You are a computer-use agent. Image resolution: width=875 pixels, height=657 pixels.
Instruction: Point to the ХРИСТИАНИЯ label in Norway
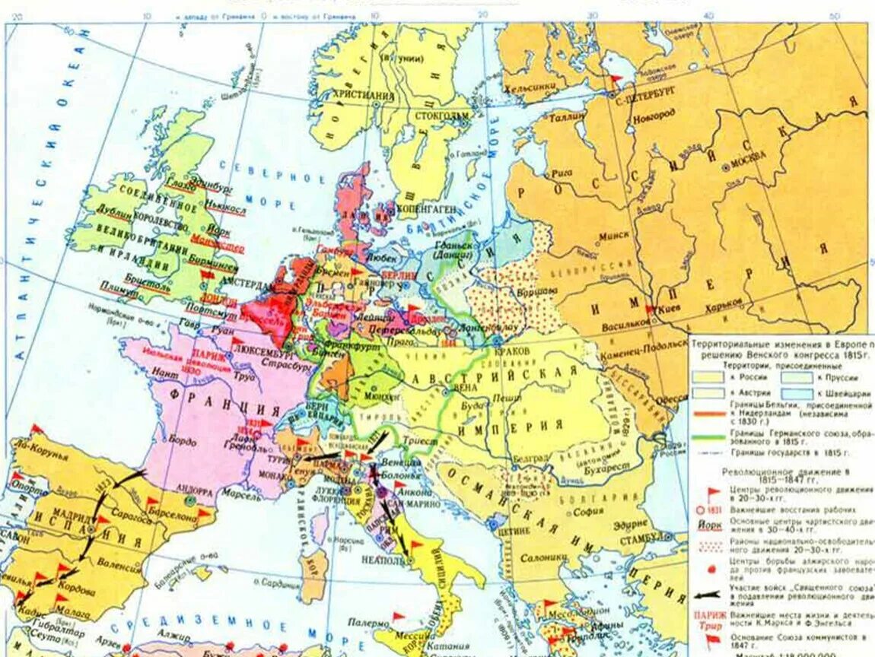tap(364, 96)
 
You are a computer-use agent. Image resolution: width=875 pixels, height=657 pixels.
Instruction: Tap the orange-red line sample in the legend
tap(708, 414)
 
